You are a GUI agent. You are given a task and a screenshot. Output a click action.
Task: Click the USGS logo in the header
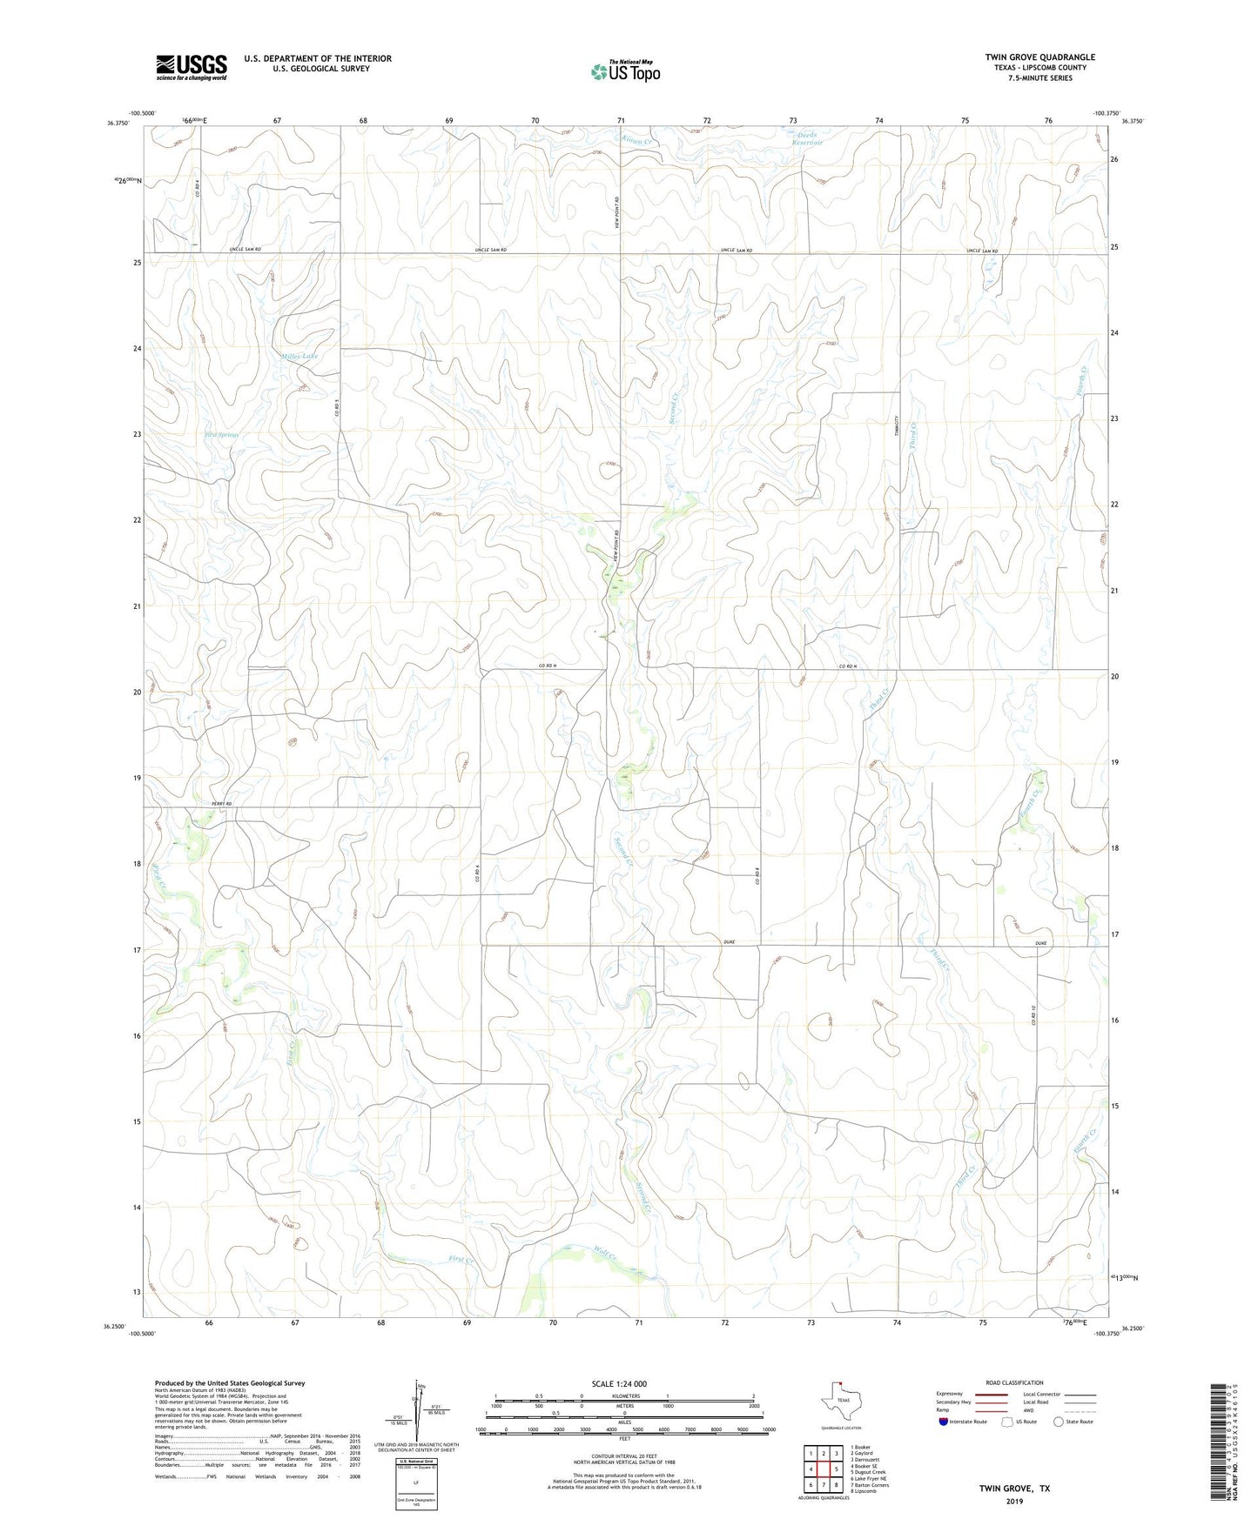tap(192, 67)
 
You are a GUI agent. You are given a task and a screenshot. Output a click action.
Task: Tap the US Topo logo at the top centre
tap(624, 71)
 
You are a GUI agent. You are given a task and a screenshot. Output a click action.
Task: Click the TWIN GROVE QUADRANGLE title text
tap(1039, 57)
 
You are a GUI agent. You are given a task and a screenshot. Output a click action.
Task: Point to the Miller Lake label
tap(299, 357)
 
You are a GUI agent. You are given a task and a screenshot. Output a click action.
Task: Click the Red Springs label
tap(222, 434)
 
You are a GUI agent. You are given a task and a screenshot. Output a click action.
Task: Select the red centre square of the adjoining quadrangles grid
tap(823, 1469)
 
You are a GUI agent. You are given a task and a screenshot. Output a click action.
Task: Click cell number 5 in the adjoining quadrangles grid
tap(836, 1469)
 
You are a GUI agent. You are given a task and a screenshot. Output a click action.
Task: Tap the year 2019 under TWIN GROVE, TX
tap(1014, 1502)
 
